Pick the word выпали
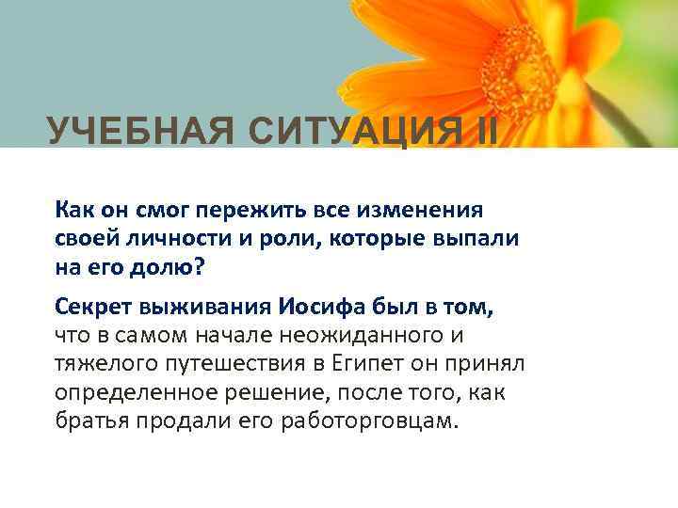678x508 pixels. (x=477, y=237)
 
